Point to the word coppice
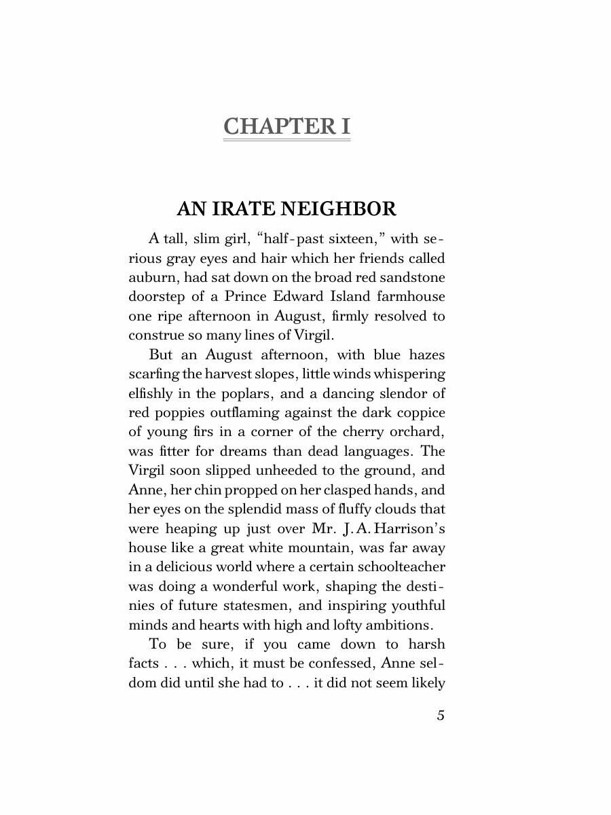419,412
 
